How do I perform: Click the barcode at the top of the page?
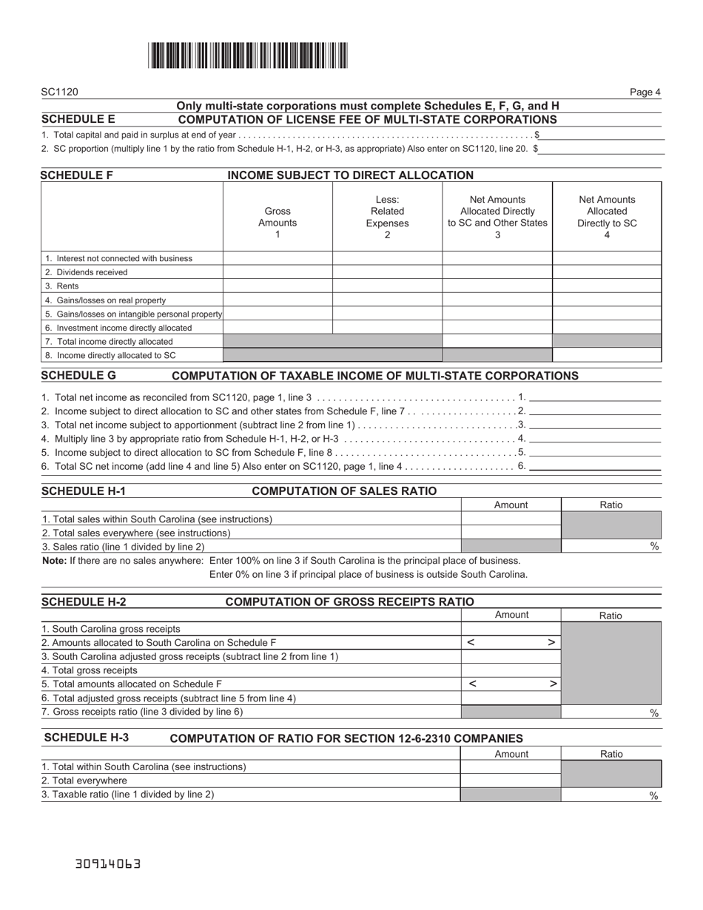pos(248,55)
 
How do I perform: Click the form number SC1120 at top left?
pos(60,92)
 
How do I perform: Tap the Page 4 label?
pos(645,92)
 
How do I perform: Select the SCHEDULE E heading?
pos(78,119)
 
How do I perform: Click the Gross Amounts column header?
pos(277,217)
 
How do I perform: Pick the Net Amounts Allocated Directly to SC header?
pos(607,217)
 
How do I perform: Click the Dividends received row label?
pos(86,272)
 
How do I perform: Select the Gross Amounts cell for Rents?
pos(277,286)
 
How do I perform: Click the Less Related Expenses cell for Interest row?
pos(387,258)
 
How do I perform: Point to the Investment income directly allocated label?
pos(118,328)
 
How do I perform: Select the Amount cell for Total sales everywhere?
pos(511,533)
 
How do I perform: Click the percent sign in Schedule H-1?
pos(654,547)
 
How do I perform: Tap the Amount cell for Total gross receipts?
pos(511,670)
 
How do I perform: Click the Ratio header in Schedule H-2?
pos(611,615)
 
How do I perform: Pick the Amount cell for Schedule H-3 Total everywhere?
pos(511,781)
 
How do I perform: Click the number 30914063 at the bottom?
pos(108,863)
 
